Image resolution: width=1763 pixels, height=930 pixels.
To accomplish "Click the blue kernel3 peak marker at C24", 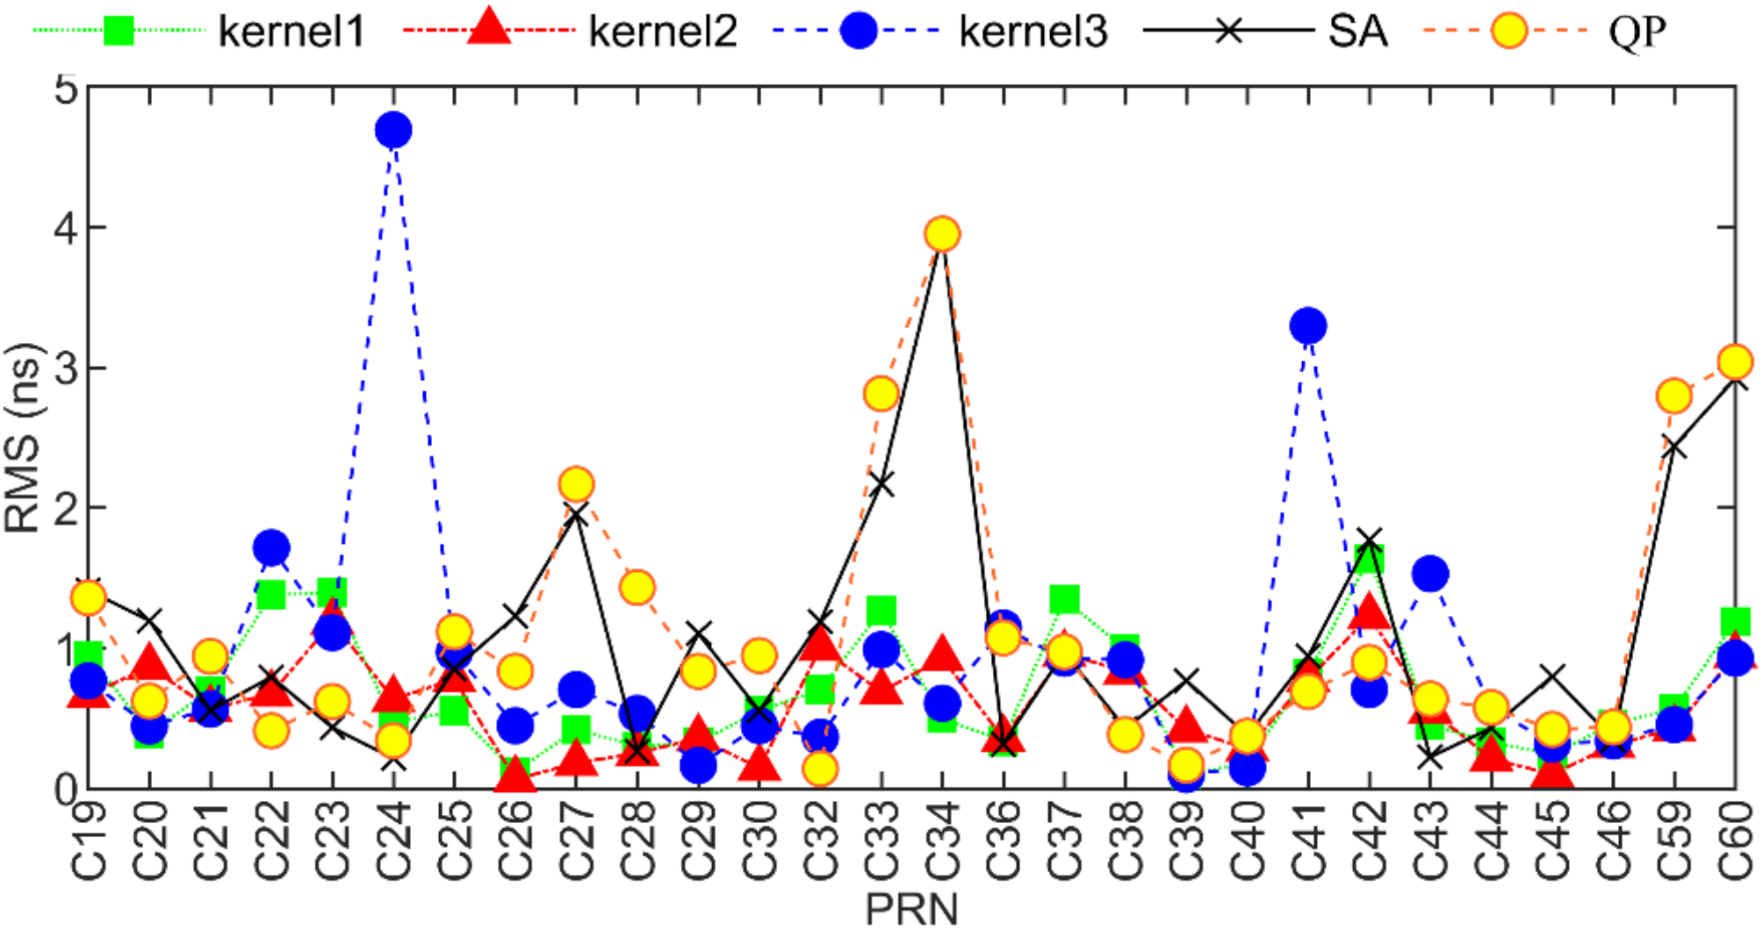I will click(x=393, y=131).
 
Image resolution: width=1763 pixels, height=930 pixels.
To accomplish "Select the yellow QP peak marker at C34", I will click(x=942, y=234).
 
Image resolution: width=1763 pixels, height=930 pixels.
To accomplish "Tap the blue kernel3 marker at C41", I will click(x=1308, y=326).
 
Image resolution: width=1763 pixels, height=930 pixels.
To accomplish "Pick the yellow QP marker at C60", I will click(x=1735, y=361).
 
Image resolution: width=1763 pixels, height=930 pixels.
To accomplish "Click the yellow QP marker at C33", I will click(x=881, y=394).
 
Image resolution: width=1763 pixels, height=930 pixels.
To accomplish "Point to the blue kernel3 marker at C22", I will click(x=272, y=548).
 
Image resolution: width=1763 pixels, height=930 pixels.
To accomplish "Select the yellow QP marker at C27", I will click(x=576, y=484).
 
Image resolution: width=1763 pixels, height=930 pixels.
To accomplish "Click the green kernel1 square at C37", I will click(x=1064, y=600).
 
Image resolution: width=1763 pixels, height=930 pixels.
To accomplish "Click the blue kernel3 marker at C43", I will click(x=1430, y=575).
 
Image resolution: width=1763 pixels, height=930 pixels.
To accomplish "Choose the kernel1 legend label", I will click(x=291, y=32).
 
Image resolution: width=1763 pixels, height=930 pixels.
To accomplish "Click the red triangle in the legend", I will click(x=488, y=29).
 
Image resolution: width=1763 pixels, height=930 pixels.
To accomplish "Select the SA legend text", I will click(x=1357, y=32).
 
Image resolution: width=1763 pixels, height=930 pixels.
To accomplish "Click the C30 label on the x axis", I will click(x=760, y=841).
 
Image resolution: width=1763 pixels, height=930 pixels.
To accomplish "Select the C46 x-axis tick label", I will click(x=1614, y=841).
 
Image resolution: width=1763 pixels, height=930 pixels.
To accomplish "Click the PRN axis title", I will click(x=911, y=909).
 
